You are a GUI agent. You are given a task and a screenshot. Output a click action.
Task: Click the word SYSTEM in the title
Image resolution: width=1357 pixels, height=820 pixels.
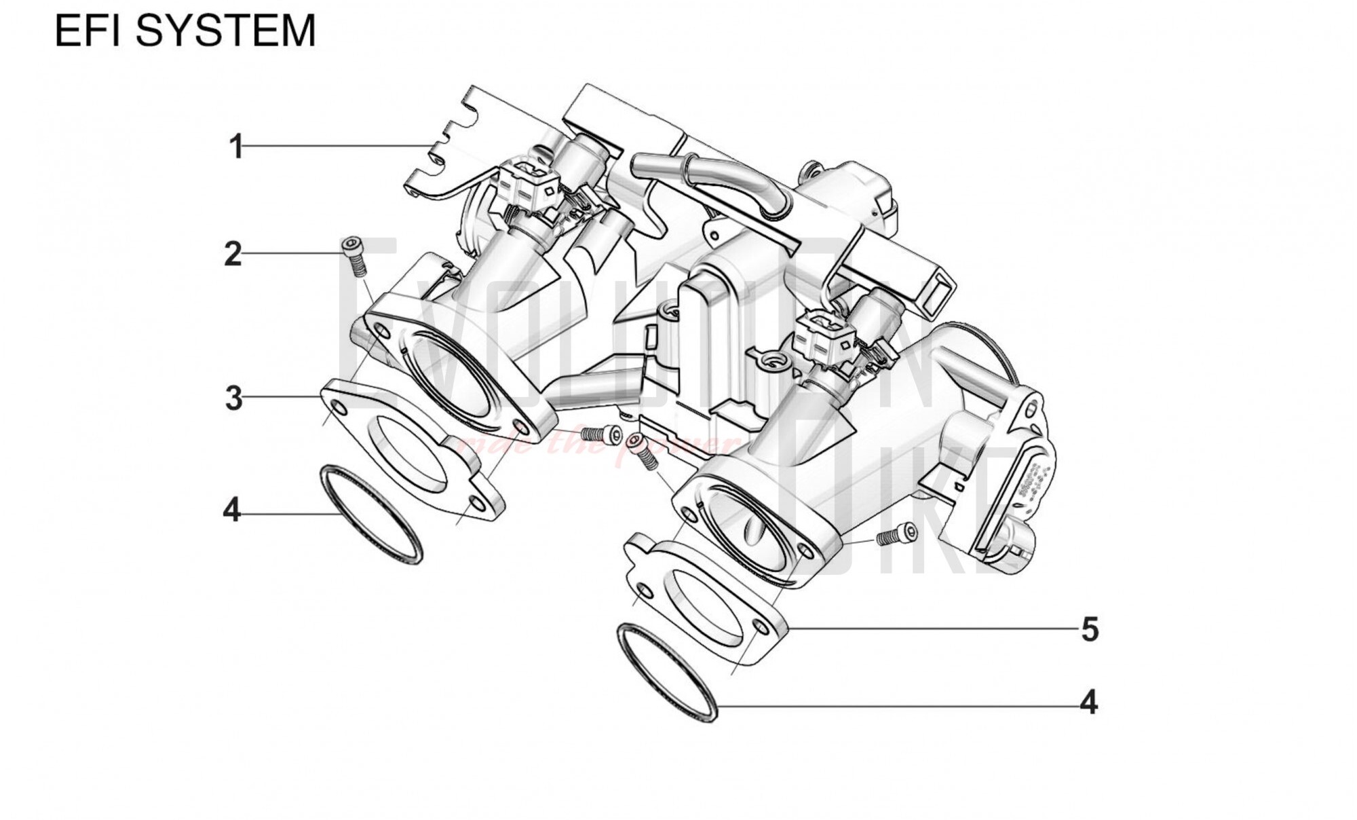(227, 31)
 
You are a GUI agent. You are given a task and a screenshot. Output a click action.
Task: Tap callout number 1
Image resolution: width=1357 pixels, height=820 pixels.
(236, 147)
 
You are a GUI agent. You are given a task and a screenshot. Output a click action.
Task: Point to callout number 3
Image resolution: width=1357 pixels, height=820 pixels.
(233, 398)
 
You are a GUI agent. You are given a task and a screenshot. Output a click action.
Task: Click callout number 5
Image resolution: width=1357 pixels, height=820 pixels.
(1090, 629)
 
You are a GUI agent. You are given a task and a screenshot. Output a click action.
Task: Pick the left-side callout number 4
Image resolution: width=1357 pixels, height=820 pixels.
(232, 510)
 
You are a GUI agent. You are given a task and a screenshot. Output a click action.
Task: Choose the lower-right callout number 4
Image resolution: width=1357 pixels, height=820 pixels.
(1088, 703)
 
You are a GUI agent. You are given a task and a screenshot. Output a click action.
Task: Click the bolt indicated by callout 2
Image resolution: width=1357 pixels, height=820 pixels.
(353, 255)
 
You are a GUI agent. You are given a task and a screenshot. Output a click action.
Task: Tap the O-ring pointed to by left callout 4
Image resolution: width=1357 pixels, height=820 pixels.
(370, 514)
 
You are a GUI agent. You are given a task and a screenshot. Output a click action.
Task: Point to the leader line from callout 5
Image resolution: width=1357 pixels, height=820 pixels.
(930, 629)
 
